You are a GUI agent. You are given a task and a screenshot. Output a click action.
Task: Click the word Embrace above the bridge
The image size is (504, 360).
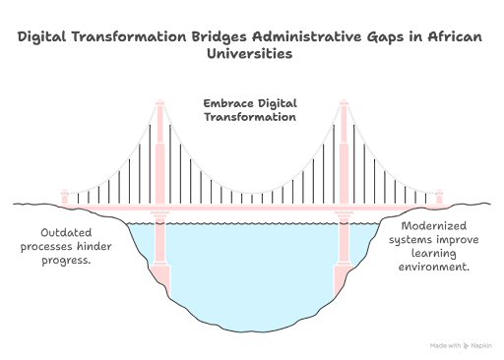pos(222,103)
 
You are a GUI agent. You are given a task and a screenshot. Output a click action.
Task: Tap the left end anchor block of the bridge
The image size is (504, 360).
pos(66,200)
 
